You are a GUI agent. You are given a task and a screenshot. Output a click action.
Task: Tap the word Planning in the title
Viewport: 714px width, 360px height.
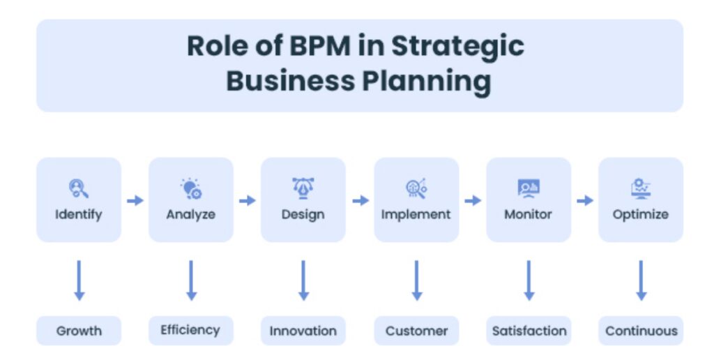click(x=427, y=82)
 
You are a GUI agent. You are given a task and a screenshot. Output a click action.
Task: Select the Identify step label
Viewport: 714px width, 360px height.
click(x=79, y=214)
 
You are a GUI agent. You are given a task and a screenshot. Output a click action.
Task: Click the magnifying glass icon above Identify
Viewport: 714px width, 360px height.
click(x=78, y=188)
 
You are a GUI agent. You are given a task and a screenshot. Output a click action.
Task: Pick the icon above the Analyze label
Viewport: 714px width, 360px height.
click(x=191, y=188)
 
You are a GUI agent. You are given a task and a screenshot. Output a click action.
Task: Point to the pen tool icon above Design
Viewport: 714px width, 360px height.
click(x=303, y=188)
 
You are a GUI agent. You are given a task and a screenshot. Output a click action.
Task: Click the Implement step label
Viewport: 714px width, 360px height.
click(x=416, y=214)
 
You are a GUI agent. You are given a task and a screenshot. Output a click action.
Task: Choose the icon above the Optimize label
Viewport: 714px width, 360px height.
click(x=641, y=188)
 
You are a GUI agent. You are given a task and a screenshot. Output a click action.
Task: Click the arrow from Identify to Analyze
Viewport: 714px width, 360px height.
click(x=135, y=200)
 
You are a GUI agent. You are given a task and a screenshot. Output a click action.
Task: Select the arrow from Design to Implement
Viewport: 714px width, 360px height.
click(x=360, y=200)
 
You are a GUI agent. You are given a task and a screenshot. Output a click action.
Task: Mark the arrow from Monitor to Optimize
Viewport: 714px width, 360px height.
click(x=585, y=200)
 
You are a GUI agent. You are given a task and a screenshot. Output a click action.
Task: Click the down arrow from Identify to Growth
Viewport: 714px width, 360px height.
click(x=79, y=280)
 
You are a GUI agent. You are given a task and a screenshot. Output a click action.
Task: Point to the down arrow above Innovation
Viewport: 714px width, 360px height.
click(x=304, y=280)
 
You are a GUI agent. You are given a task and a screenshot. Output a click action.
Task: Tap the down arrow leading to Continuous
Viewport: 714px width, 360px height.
click(x=641, y=280)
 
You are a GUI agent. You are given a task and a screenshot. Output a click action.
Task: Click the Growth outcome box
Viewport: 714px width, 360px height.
click(x=79, y=331)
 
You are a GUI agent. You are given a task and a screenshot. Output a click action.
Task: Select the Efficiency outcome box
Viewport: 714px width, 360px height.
click(x=191, y=331)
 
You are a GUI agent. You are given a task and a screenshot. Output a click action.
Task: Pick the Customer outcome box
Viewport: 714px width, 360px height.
click(x=417, y=331)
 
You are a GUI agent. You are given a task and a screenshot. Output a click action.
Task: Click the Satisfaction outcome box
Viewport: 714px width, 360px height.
click(x=529, y=331)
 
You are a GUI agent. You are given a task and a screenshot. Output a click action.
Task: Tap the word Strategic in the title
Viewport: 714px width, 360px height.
click(x=457, y=47)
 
